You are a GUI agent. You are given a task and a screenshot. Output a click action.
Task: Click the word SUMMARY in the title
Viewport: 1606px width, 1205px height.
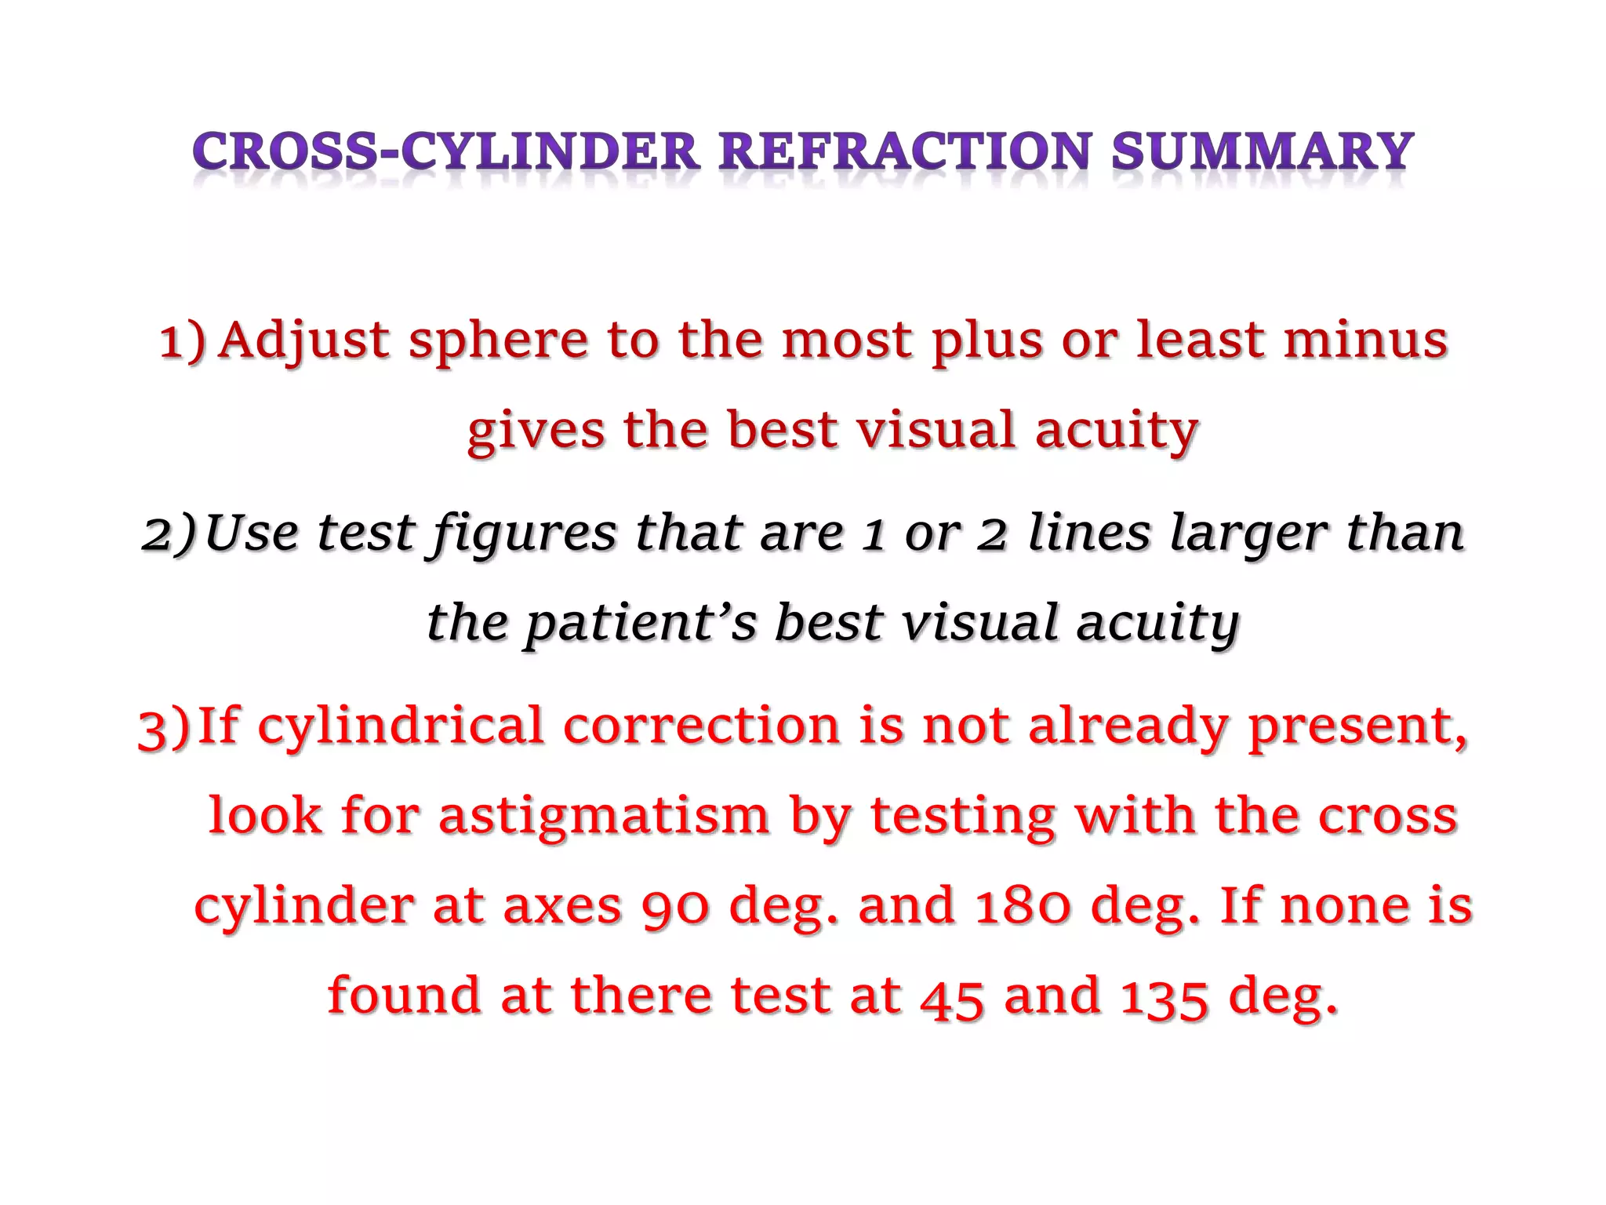1263,151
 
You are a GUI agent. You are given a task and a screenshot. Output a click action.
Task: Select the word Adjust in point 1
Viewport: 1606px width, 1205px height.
303,341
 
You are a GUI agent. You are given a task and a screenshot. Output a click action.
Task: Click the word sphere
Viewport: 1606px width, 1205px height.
498,341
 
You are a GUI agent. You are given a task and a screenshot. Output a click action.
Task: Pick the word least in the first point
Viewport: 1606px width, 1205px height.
1200,341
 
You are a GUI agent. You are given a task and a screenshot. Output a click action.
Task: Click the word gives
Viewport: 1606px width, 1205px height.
536,431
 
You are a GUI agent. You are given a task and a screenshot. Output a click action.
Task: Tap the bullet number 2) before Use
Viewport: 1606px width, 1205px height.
169,534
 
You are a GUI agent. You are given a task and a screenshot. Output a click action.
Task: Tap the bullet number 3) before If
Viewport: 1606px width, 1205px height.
164,727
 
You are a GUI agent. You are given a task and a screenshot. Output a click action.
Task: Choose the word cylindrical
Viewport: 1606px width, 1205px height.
401,726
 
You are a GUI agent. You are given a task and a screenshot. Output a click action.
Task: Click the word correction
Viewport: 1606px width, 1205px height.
702,726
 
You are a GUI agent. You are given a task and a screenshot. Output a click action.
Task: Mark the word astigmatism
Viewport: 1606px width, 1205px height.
604,817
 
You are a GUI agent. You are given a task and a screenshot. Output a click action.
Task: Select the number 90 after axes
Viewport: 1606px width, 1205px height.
675,907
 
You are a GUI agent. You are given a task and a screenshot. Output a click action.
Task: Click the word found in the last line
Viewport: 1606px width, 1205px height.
404,996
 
